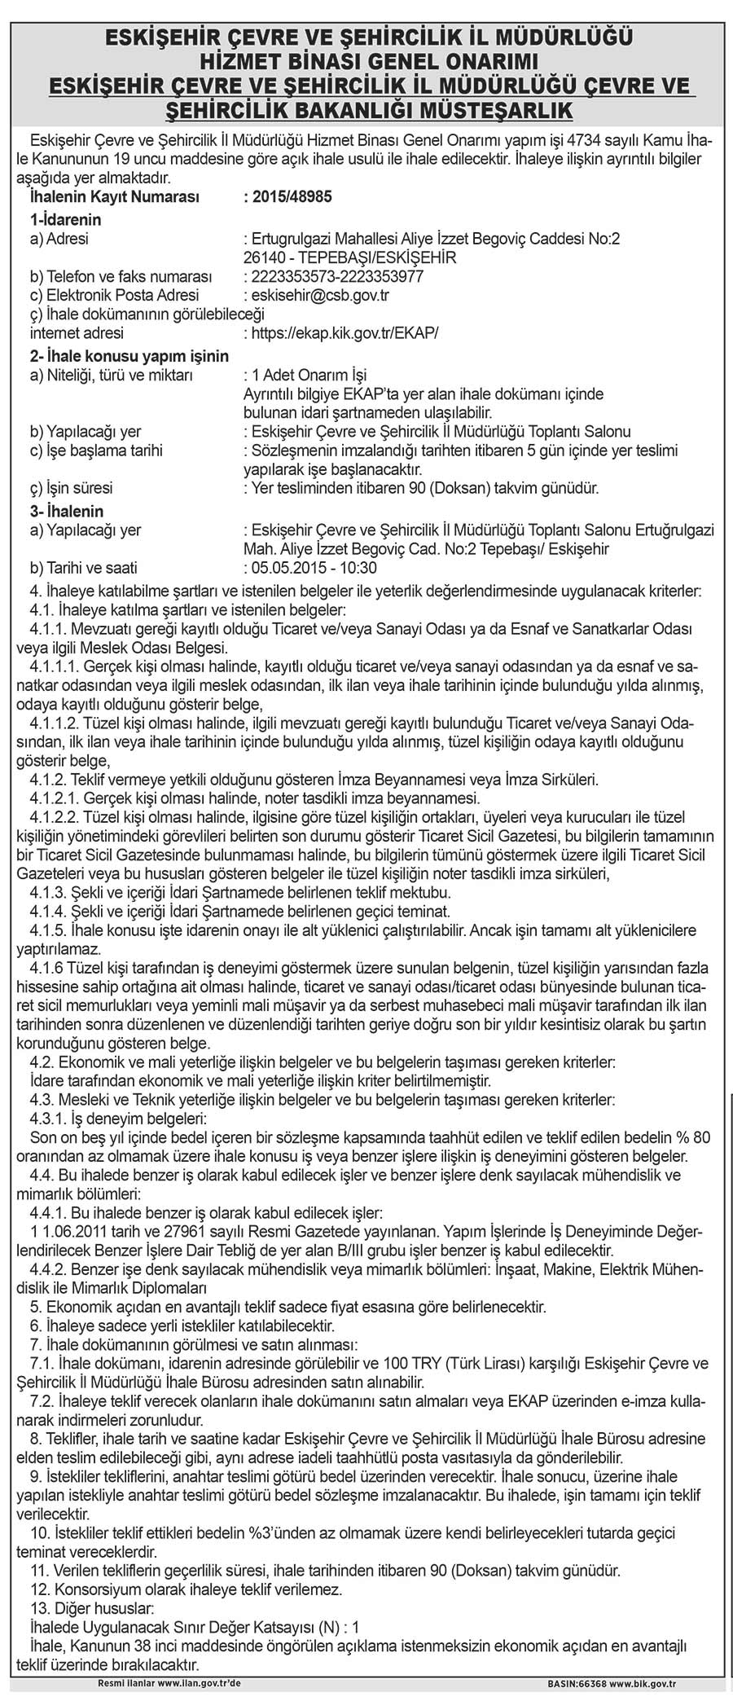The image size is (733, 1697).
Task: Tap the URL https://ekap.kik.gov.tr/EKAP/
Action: pyautogui.click(x=345, y=333)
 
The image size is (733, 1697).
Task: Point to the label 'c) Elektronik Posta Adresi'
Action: pyautogui.click(x=114, y=295)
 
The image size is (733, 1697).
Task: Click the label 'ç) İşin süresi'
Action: pyautogui.click(x=71, y=489)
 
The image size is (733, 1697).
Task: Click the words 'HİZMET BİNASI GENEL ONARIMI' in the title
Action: pyautogui.click(x=366, y=60)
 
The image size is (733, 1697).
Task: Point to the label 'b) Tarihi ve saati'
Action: pyautogui.click(x=84, y=567)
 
